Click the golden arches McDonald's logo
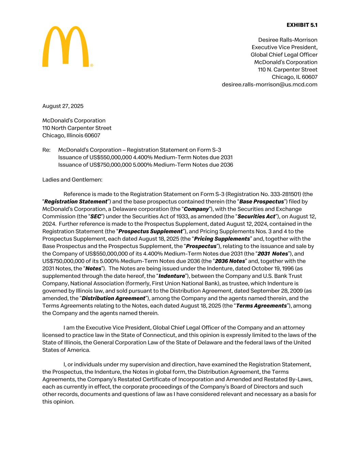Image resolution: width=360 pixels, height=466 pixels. click(x=66, y=46)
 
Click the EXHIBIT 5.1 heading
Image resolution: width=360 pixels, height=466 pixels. click(x=302, y=25)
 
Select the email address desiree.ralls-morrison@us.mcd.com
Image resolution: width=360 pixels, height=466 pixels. click(x=269, y=84)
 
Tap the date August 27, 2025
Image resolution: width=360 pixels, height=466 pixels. click(x=63, y=106)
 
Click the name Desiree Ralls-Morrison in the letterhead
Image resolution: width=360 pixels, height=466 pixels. click(x=288, y=40)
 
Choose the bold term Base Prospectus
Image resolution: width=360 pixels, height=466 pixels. click(x=261, y=202)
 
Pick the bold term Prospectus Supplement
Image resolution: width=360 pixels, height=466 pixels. click(x=150, y=231)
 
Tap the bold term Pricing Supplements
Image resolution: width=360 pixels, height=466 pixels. click(x=222, y=239)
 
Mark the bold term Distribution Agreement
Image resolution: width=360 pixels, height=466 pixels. click(x=113, y=298)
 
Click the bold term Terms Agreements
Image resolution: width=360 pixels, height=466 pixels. click(x=261, y=306)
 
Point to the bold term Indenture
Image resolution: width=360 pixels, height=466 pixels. click(x=172, y=276)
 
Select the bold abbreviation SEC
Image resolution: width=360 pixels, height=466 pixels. click(x=96, y=216)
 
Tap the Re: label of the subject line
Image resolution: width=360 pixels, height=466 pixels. click(x=46, y=150)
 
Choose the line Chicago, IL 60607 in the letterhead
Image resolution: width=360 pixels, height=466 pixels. click(x=294, y=77)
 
